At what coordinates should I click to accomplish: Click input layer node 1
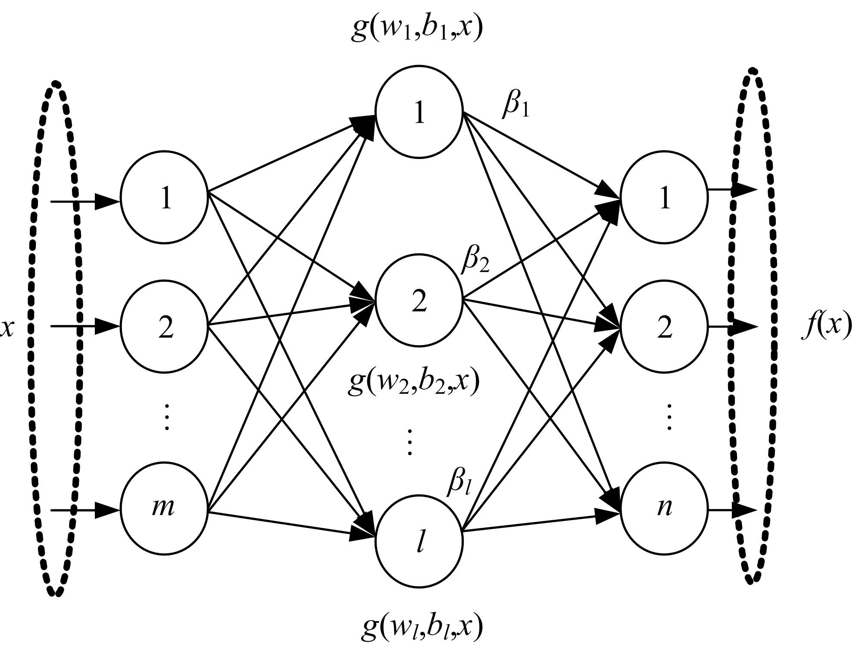[x=164, y=197]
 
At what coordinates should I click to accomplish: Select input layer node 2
[x=164, y=326]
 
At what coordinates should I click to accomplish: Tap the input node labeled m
[x=164, y=509]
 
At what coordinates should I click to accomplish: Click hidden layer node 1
[x=419, y=112]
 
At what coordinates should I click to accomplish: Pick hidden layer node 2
[x=419, y=300]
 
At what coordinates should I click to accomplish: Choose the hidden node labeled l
[x=419, y=541]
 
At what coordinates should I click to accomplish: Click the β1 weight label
[x=516, y=105]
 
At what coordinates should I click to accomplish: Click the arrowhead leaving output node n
[x=745, y=510]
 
